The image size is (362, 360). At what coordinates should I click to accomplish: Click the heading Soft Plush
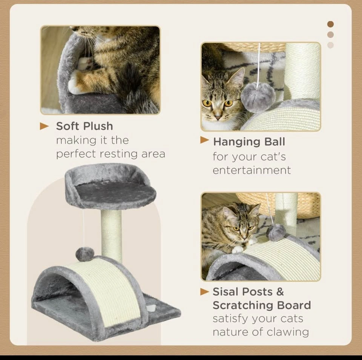pyautogui.click(x=84, y=126)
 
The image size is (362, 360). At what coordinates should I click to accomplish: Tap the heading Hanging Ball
pyautogui.click(x=249, y=142)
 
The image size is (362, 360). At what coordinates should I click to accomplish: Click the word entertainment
pyautogui.click(x=252, y=171)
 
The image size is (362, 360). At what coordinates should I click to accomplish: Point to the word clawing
pyautogui.click(x=288, y=333)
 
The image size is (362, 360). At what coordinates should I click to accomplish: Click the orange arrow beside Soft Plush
pyautogui.click(x=44, y=126)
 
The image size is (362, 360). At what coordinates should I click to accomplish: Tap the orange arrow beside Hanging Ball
pyautogui.click(x=204, y=140)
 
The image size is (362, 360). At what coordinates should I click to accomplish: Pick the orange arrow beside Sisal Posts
pyautogui.click(x=204, y=292)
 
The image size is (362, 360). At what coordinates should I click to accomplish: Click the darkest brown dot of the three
pyautogui.click(x=330, y=24)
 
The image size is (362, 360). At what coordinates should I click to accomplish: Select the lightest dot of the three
pyautogui.click(x=330, y=45)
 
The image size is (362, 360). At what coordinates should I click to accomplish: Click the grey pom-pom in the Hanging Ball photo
pyautogui.click(x=258, y=97)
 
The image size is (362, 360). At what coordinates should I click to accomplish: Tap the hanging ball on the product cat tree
pyautogui.click(x=84, y=254)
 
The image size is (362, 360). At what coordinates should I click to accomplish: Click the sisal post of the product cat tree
pyautogui.click(x=111, y=235)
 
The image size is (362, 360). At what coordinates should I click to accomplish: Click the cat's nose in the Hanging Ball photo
pyautogui.click(x=218, y=117)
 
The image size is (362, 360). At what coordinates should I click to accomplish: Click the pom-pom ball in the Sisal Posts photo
pyautogui.click(x=276, y=232)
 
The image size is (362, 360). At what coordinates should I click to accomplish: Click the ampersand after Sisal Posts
pyautogui.click(x=280, y=292)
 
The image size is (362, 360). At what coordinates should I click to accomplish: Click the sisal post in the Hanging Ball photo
pyautogui.click(x=302, y=72)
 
